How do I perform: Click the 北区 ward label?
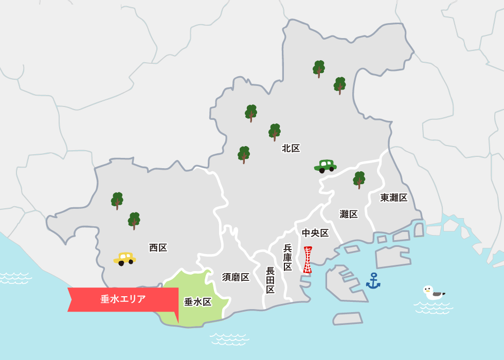point(291,148)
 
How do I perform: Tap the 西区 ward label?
point(158,247)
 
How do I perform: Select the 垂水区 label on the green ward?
point(198,302)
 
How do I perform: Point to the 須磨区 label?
point(236,277)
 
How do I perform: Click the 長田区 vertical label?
point(271,280)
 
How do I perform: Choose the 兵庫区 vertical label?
point(287,257)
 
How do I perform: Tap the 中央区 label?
point(315,233)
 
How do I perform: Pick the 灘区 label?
point(349,214)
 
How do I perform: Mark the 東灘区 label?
point(394,197)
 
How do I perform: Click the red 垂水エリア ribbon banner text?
point(123,299)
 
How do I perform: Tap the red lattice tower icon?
point(308,260)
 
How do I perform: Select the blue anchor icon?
point(373,281)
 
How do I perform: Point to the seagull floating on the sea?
point(433,293)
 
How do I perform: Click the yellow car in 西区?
point(124,258)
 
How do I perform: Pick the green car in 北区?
point(325,166)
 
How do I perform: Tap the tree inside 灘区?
point(359,179)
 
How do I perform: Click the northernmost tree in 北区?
point(319,68)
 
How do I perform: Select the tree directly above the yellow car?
point(134,220)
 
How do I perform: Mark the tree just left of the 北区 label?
point(275,132)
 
